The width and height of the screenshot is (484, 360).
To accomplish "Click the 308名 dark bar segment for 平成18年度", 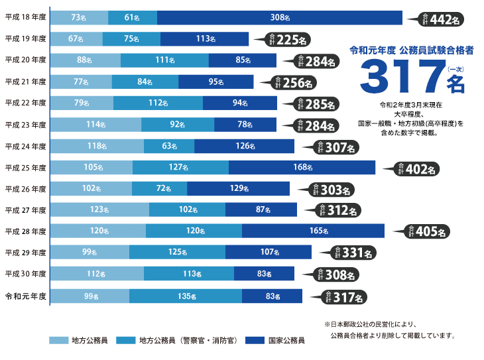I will [279, 17].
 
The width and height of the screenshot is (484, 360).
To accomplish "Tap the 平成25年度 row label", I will [25, 168].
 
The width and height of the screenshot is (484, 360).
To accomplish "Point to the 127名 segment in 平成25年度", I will [180, 168].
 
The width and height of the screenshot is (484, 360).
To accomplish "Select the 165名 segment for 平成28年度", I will [313, 231].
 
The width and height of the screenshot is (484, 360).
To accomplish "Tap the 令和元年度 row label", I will [25, 296].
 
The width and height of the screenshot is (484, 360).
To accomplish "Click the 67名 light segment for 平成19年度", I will [76, 38].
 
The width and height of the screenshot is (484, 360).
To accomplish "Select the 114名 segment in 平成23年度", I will [95, 125].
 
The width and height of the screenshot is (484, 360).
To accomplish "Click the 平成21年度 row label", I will [25, 82].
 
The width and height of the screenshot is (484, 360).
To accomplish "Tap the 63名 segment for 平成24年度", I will [168, 147].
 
